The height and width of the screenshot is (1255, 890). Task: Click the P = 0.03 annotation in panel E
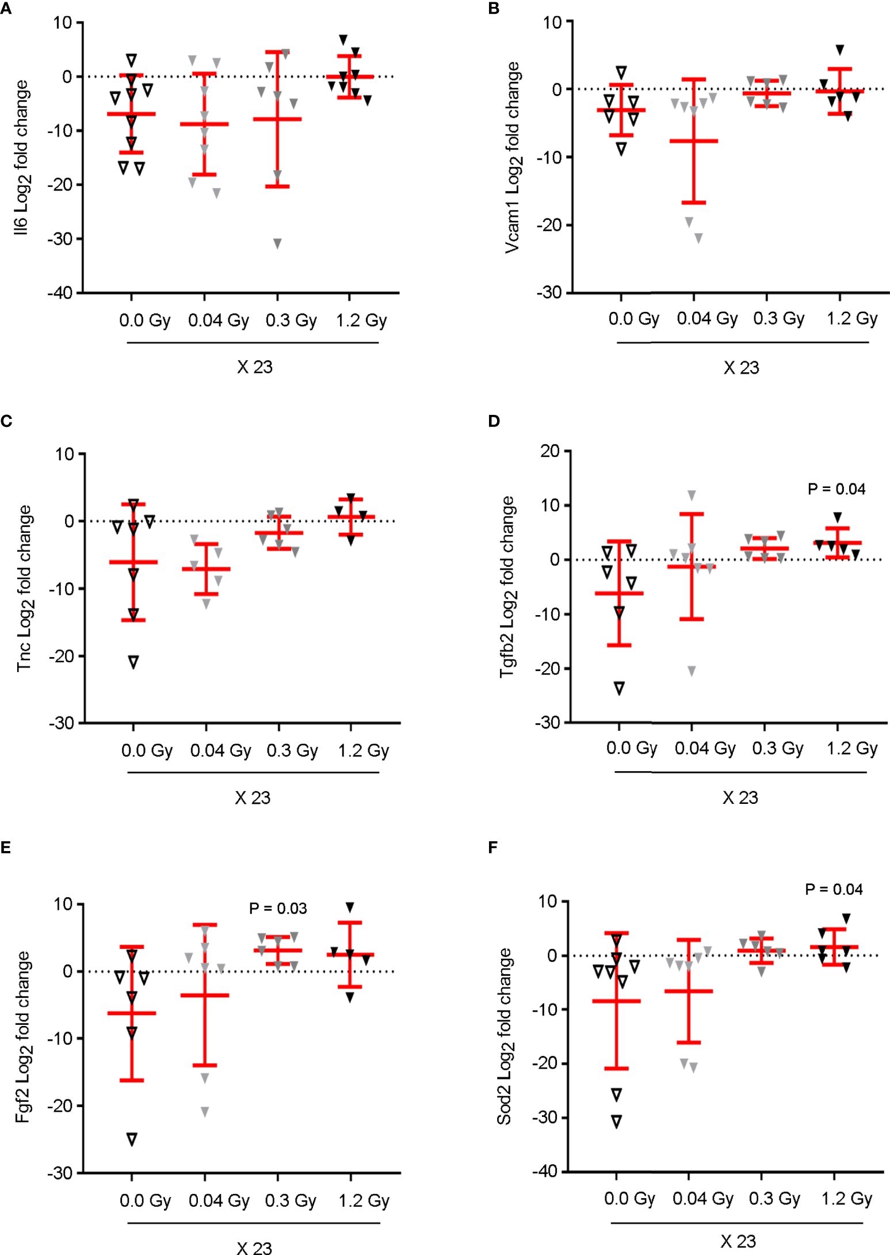coord(278,908)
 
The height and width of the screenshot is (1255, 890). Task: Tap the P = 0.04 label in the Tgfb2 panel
coord(836,489)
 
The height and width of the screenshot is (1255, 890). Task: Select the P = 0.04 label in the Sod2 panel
coord(834,889)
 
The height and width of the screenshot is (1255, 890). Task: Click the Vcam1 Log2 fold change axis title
coord(512,158)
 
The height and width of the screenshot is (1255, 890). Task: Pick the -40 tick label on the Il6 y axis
coord(60,293)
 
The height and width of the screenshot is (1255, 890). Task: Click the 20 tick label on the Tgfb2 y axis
coord(549,451)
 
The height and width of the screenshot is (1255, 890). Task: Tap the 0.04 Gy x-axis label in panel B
coord(706,318)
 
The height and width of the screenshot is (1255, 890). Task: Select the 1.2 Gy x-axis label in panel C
coord(363,750)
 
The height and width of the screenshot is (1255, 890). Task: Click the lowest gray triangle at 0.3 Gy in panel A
coord(277,243)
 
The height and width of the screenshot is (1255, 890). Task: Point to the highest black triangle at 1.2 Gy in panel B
coord(840,50)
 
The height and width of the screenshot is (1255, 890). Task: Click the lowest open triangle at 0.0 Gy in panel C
coord(133,662)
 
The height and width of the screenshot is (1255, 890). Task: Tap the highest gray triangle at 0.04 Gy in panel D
coord(692,495)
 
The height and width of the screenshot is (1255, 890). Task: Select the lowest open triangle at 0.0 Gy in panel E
coord(132,1139)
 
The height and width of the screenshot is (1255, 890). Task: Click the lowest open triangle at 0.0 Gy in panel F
coord(616,1121)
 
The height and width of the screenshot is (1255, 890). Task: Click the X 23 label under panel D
coord(740,798)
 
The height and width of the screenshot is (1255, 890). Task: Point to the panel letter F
coord(492,847)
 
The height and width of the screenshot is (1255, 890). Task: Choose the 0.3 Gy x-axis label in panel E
coord(291,1200)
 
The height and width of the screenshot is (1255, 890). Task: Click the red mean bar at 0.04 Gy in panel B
coord(694,141)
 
